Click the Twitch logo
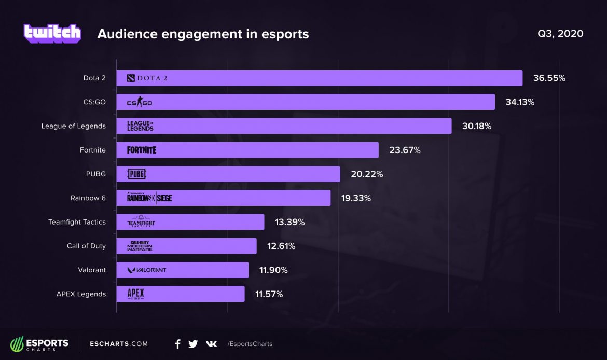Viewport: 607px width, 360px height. coord(52,33)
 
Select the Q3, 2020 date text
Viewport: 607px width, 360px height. coord(560,34)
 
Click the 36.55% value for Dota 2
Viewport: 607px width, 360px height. coord(549,78)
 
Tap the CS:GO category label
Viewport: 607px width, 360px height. coord(94,102)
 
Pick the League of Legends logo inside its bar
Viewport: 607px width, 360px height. coord(140,126)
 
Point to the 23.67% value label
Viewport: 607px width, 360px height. coord(405,150)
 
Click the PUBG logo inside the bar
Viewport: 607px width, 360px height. coord(136,174)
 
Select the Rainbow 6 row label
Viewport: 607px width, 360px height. coord(88,198)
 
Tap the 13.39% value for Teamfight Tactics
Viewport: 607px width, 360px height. coord(289,222)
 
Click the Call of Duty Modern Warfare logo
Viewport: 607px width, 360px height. coord(141,246)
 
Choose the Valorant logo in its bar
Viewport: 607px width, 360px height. coord(147,270)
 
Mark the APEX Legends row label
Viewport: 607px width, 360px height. coord(81,294)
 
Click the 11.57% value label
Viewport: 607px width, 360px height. coord(269,294)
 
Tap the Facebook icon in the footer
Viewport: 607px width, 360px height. coord(178,344)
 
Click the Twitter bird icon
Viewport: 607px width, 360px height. coord(193,344)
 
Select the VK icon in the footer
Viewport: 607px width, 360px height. coord(211,344)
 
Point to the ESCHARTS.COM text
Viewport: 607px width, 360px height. coord(119,344)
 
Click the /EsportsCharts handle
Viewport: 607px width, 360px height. coord(250,344)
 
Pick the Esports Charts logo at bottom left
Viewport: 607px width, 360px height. coord(39,344)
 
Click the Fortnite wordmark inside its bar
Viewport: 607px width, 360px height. coord(141,150)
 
